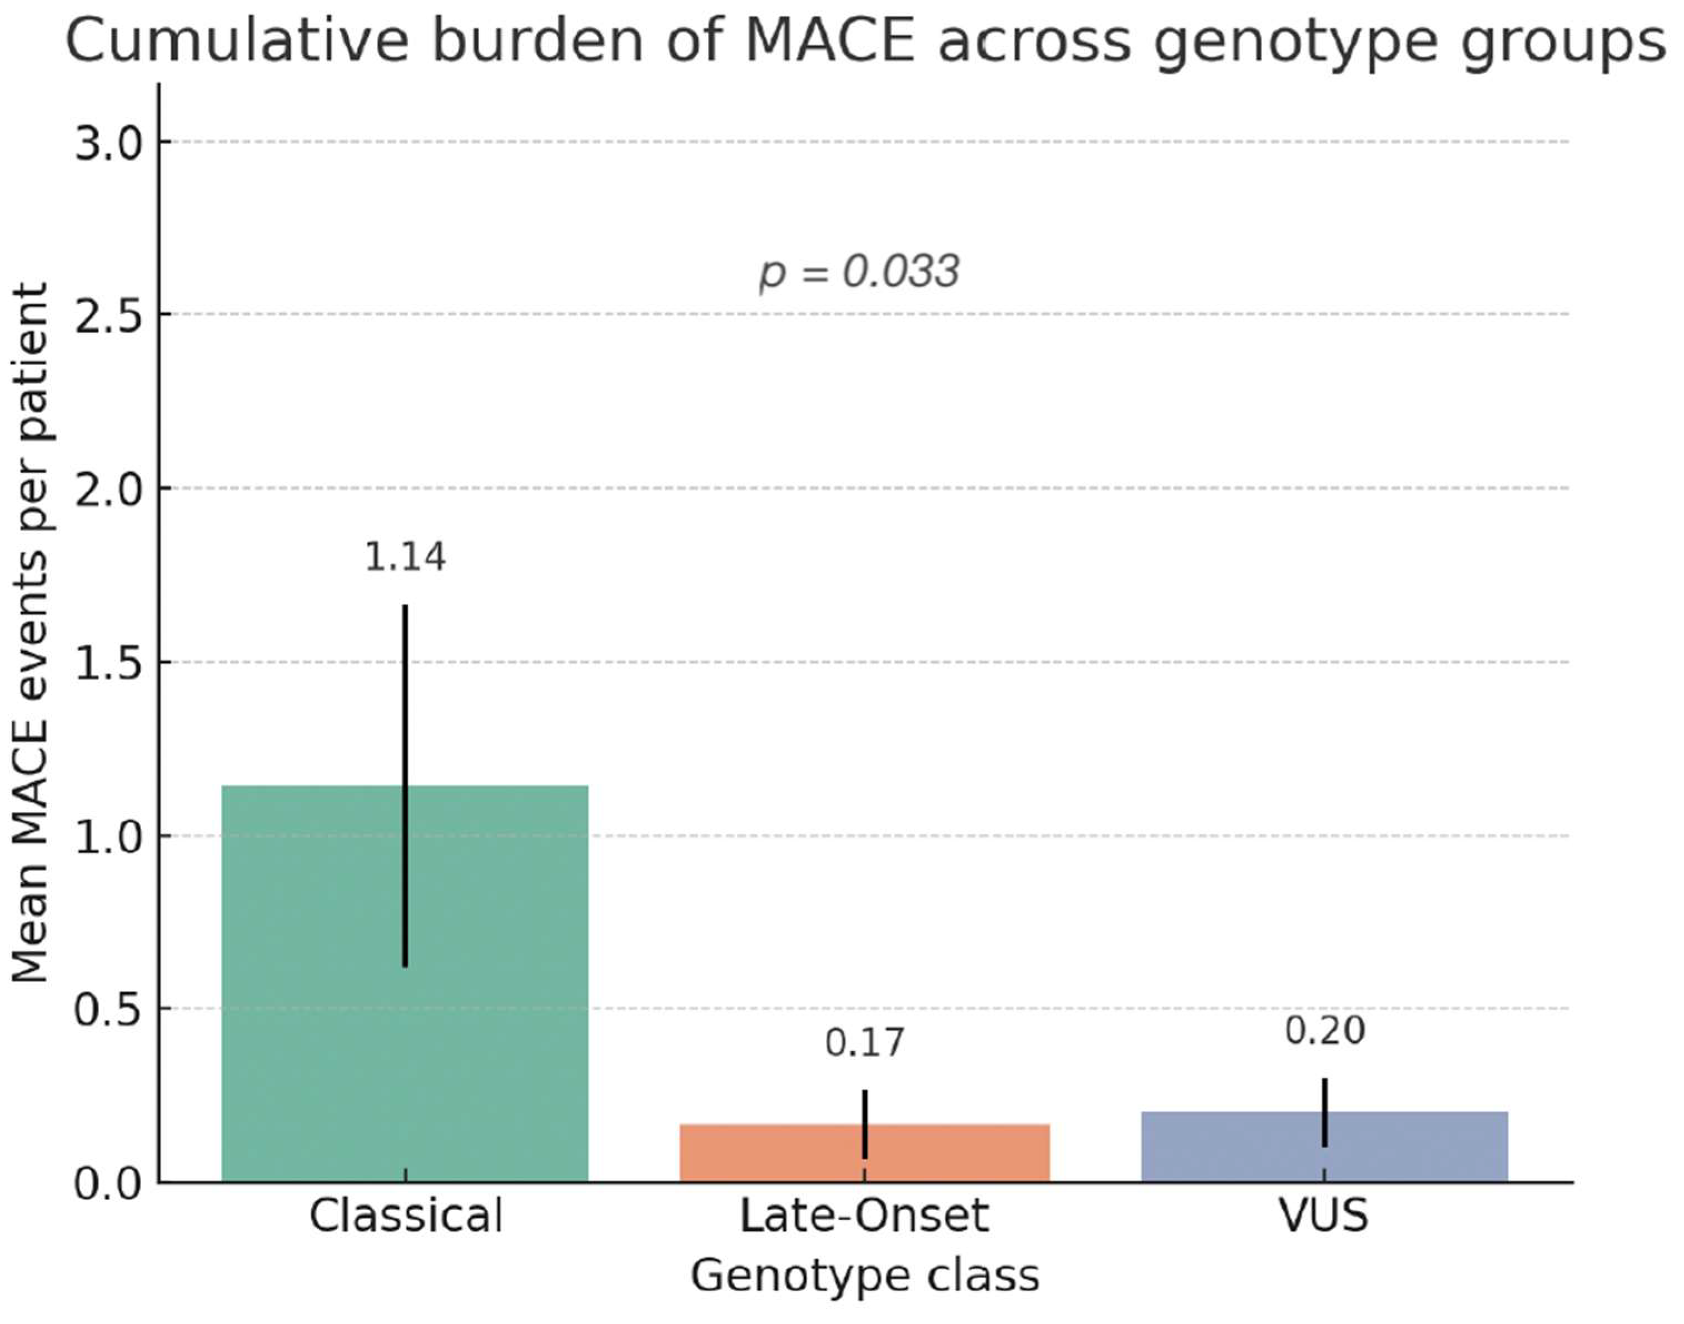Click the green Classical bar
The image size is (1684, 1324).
(310, 1008)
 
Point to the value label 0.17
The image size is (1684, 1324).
(864, 1043)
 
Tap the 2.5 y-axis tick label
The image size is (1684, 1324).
(109, 316)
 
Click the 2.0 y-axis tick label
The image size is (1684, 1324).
(109, 490)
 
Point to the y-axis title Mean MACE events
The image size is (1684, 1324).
(31, 632)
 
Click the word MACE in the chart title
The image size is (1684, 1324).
(830, 41)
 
